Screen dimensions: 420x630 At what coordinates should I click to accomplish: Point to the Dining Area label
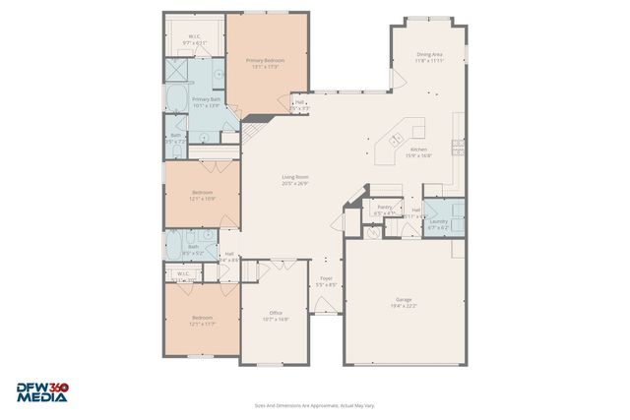point(429,57)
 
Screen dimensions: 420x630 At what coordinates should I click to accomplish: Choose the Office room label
point(276,316)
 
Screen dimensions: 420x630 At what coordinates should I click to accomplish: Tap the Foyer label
point(327,281)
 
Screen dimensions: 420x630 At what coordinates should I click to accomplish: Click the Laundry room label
point(438,223)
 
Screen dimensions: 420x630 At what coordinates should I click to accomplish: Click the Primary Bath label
point(206,102)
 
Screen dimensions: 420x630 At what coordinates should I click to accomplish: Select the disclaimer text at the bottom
point(314,404)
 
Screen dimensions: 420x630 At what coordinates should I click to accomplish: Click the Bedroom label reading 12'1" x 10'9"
point(202,195)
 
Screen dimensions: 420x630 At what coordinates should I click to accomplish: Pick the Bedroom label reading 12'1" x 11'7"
point(202,320)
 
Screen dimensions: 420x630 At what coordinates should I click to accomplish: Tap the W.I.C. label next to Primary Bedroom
point(194,40)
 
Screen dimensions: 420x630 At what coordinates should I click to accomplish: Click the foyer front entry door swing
point(326,307)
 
